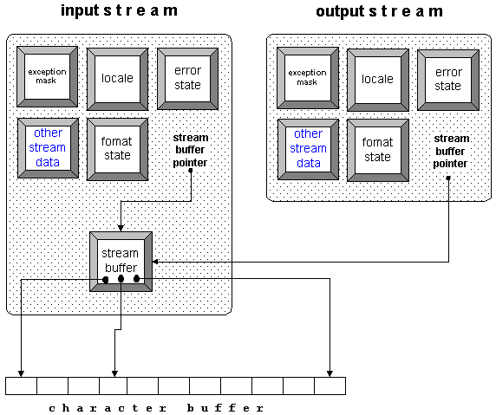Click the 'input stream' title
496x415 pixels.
point(119,11)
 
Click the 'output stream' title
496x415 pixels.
point(379,11)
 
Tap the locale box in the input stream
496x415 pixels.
point(117,78)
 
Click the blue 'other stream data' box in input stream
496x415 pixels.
point(48,148)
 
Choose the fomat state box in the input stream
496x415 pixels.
point(117,148)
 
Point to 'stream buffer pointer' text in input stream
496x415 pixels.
point(190,149)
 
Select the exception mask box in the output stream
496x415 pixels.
point(307,78)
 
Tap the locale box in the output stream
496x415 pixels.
point(377,79)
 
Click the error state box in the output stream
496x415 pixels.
point(447,79)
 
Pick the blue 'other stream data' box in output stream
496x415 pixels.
point(308,148)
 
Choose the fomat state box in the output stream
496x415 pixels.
point(377,149)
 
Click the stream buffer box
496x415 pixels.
point(121,261)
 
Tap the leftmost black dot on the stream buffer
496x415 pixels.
point(106,280)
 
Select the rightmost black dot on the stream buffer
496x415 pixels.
point(137,279)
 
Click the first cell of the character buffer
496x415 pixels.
point(21,386)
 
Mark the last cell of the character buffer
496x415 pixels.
point(330,386)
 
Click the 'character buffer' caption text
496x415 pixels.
point(156,407)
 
